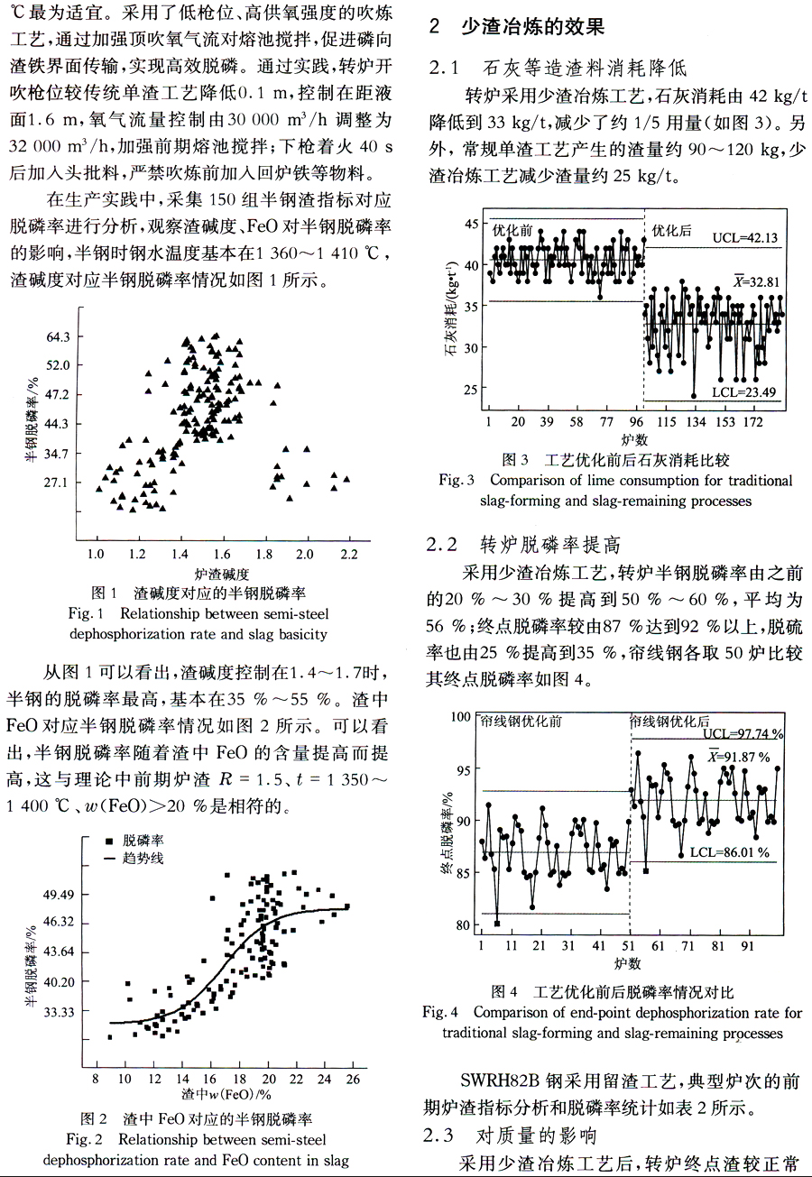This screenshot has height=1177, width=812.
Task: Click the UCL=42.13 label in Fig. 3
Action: pyautogui.click(x=744, y=238)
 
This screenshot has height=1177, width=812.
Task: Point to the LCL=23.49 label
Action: pyautogui.click(x=743, y=392)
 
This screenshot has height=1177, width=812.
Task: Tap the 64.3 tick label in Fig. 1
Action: pyautogui.click(x=58, y=336)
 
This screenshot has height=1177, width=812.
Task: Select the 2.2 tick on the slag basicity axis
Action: pyautogui.click(x=349, y=555)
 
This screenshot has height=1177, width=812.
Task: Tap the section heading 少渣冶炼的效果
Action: pyautogui.click(x=533, y=26)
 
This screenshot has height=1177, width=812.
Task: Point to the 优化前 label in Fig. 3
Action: pyautogui.click(x=512, y=230)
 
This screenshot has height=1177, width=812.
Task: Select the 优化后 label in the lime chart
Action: pyautogui.click(x=671, y=231)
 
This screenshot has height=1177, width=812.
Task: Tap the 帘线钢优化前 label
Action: pyautogui.click(x=521, y=722)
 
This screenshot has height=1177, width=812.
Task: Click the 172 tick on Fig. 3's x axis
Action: pyautogui.click(x=752, y=421)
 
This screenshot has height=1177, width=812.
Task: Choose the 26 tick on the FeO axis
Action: pyautogui.click(x=353, y=1080)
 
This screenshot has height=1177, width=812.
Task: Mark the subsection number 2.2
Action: pyautogui.click(x=441, y=545)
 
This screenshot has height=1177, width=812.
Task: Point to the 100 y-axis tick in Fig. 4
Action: pyautogui.click(x=461, y=717)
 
